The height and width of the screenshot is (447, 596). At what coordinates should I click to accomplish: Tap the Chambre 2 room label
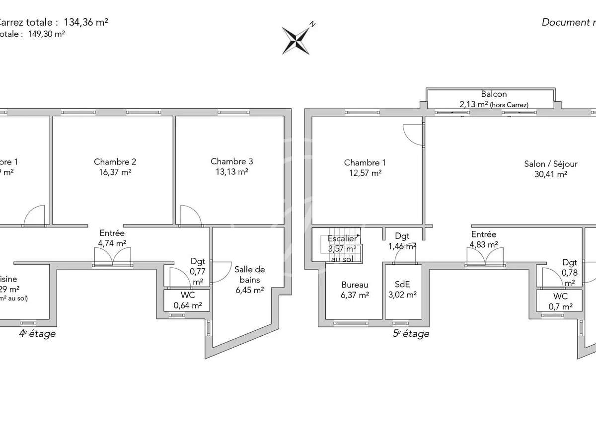(115, 162)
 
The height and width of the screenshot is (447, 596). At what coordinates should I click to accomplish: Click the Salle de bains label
(249, 275)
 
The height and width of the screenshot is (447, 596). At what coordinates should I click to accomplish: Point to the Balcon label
(494, 94)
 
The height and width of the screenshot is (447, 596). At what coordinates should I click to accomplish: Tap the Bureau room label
(355, 285)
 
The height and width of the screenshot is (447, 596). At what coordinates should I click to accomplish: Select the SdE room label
(403, 285)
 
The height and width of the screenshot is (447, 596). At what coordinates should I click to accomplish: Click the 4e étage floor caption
(37, 334)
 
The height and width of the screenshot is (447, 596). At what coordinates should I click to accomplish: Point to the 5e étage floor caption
(411, 334)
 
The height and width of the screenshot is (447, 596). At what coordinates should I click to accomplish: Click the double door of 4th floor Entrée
(113, 257)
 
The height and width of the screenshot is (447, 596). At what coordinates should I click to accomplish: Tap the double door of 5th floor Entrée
(485, 257)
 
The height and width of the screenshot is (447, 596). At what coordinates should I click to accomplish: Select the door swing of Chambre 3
(190, 215)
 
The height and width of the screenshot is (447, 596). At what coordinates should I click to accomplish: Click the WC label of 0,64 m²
(187, 295)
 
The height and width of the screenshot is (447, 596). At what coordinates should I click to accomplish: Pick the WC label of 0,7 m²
(560, 297)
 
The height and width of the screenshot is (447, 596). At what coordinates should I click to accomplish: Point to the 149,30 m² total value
(47, 34)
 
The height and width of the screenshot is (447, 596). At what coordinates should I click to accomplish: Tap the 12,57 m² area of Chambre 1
(365, 173)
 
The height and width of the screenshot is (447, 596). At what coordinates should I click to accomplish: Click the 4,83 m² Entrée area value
(483, 244)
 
